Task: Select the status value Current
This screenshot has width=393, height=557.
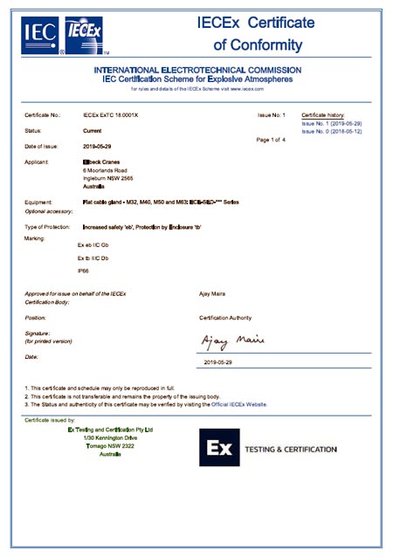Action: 80,130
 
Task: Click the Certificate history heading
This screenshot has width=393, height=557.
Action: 323,115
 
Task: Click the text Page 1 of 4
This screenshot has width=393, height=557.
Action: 271,140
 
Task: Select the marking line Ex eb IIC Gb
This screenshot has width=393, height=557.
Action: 93,247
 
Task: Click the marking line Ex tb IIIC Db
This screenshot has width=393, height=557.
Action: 93,259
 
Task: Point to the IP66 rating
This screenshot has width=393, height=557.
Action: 83,272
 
